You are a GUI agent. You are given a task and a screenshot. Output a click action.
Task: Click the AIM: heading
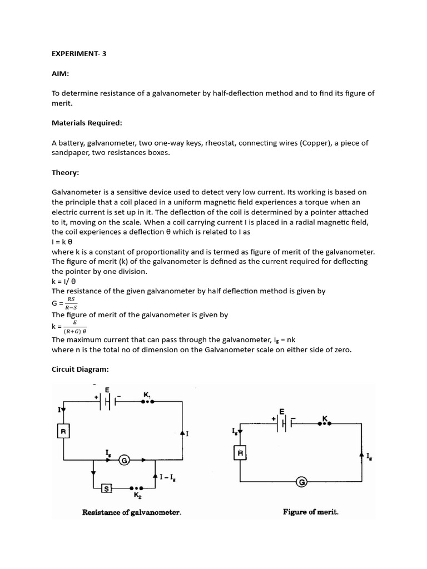pos(61,73)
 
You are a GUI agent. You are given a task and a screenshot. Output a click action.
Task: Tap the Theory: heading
pos(66,172)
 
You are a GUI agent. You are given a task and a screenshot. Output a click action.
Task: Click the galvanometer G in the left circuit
pos(125,460)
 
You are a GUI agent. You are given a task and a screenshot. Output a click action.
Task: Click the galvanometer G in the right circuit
pos(302,482)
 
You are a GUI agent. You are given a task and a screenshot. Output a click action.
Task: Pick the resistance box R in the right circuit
pos(240,454)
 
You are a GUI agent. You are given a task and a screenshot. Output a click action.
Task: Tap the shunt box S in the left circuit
pos(107,488)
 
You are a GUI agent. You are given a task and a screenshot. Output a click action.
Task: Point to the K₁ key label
pos(147,395)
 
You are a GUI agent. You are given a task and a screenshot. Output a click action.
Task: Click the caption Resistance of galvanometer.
pos(132,512)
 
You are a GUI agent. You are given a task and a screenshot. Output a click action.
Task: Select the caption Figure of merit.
pos(310,512)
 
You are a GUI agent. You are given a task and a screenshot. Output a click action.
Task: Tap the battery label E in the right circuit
pos(282,411)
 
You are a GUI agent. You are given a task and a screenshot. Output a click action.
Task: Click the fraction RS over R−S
pos(71,302)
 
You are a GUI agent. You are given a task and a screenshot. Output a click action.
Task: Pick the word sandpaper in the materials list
pos(71,153)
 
